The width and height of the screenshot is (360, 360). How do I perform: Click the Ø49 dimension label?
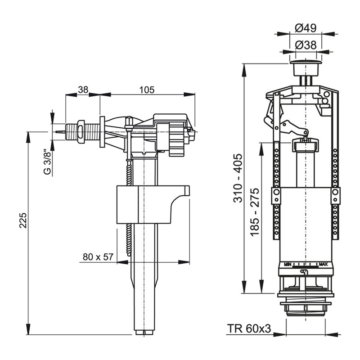(x=306, y=28)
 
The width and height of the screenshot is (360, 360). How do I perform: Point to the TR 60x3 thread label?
(x=249, y=329)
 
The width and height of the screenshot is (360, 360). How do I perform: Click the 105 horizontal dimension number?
(x=147, y=90)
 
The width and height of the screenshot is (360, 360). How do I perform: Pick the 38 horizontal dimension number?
(x=83, y=90)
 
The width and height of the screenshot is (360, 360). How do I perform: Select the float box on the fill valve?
(x=144, y=205)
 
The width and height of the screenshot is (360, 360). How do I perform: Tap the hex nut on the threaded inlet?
(x=81, y=131)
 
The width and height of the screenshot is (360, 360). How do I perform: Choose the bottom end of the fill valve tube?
(x=144, y=332)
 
